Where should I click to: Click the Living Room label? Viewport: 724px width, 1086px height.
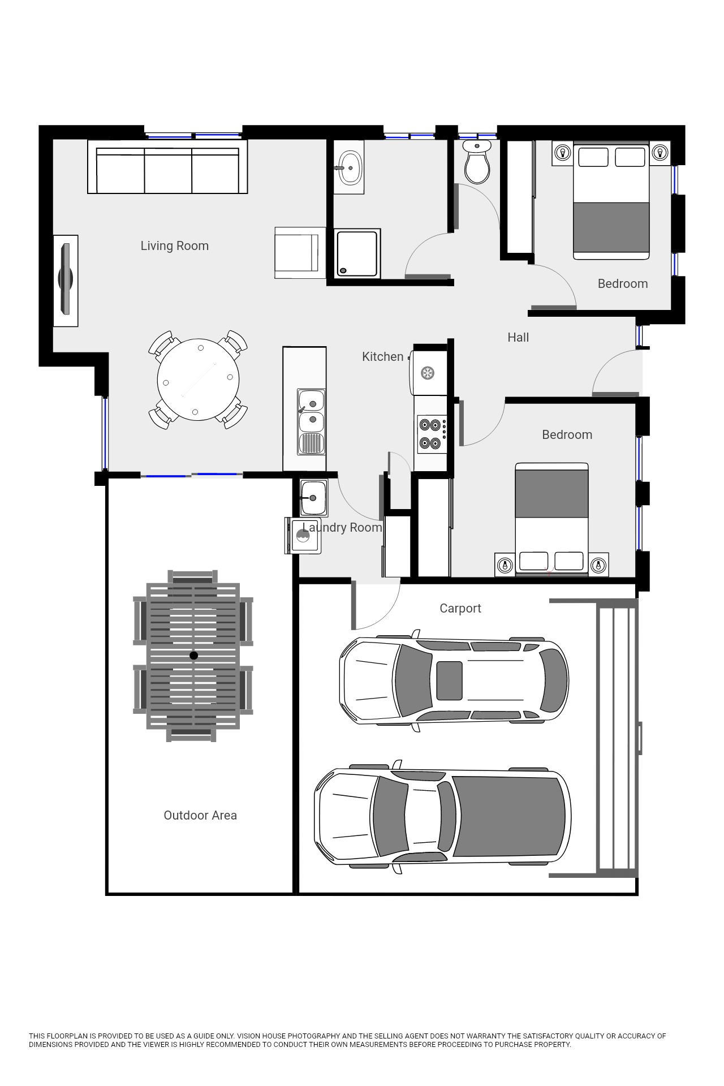tap(174, 246)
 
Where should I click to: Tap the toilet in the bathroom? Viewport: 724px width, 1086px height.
tap(477, 162)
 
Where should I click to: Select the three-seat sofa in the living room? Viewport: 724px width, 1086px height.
tap(167, 167)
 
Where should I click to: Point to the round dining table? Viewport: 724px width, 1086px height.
tap(198, 380)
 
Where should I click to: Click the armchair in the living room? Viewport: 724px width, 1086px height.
tap(300, 253)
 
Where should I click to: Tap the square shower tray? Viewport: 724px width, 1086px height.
tap(357, 253)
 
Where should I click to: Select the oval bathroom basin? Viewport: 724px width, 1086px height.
tap(349, 168)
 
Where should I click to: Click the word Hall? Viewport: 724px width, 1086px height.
tap(518, 338)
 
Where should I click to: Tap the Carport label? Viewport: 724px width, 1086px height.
tap(460, 609)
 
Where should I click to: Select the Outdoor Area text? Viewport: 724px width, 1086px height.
tap(200, 816)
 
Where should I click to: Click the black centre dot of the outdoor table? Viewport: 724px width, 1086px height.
tap(193, 656)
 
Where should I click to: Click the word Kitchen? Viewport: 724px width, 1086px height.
tap(383, 357)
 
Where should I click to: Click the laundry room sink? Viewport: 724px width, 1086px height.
tap(313, 498)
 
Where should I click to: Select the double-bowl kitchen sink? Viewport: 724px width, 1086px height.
tap(312, 421)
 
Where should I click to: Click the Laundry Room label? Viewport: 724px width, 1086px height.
tap(342, 528)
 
